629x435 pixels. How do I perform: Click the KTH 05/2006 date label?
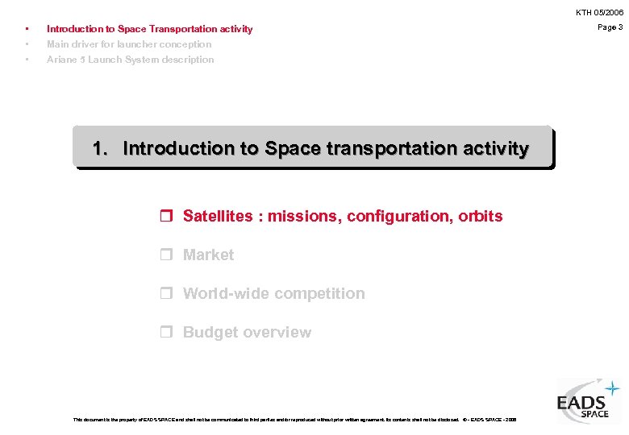click(x=599, y=12)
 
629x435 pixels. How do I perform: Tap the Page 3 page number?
click(x=610, y=27)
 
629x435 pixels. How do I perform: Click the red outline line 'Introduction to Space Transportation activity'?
click(x=149, y=29)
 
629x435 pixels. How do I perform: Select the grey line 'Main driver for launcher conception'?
click(x=129, y=44)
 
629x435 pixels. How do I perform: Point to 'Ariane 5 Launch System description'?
click(x=131, y=60)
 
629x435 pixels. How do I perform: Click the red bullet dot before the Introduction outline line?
click(x=27, y=29)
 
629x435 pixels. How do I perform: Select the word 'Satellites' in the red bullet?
click(x=218, y=216)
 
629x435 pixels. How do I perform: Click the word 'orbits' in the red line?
click(x=481, y=216)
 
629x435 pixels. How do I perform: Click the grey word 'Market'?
click(x=208, y=255)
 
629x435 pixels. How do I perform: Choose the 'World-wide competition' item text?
click(x=273, y=293)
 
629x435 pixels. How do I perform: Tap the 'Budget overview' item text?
click(x=247, y=332)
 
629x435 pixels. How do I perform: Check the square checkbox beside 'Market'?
click(x=166, y=255)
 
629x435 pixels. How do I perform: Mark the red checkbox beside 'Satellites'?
click(x=166, y=217)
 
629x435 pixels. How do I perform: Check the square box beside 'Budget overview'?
click(x=166, y=333)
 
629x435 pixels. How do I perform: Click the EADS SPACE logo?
click(x=588, y=400)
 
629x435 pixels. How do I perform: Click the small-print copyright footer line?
click(x=294, y=420)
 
